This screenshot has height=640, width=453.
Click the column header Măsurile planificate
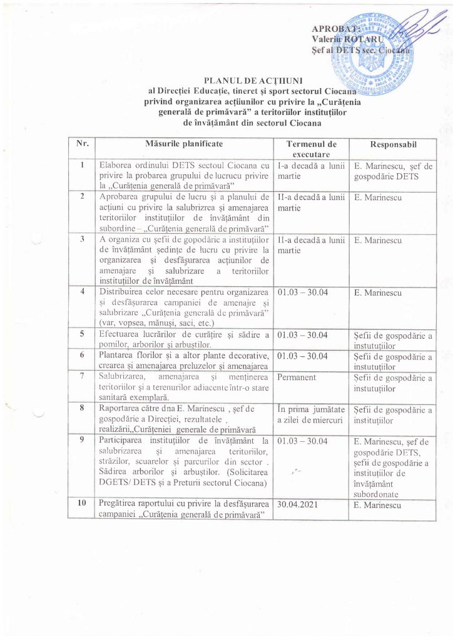click(183, 144)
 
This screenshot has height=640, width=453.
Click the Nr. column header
click(82, 144)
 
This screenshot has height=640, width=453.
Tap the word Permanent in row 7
click(298, 377)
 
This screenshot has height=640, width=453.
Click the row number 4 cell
click(82, 291)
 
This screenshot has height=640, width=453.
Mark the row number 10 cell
click(82, 503)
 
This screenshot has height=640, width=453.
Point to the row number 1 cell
click(82, 165)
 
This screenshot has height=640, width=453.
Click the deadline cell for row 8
click(311, 415)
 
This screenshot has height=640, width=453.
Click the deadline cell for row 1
click(311, 171)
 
